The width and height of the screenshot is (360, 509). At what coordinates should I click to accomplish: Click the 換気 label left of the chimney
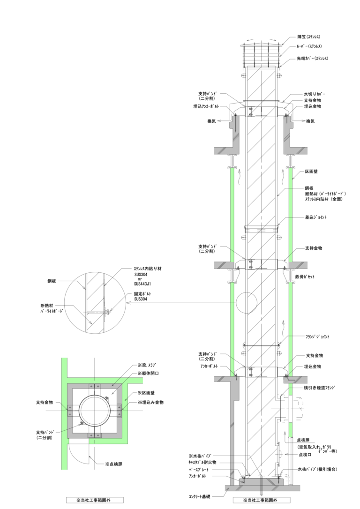point(212,121)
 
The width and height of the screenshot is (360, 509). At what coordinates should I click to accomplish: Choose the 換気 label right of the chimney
point(310,121)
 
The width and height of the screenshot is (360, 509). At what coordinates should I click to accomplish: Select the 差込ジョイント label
point(315,217)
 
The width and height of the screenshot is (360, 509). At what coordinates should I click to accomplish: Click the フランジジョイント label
point(317,337)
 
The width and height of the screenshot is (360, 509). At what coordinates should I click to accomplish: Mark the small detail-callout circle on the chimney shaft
point(247,303)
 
